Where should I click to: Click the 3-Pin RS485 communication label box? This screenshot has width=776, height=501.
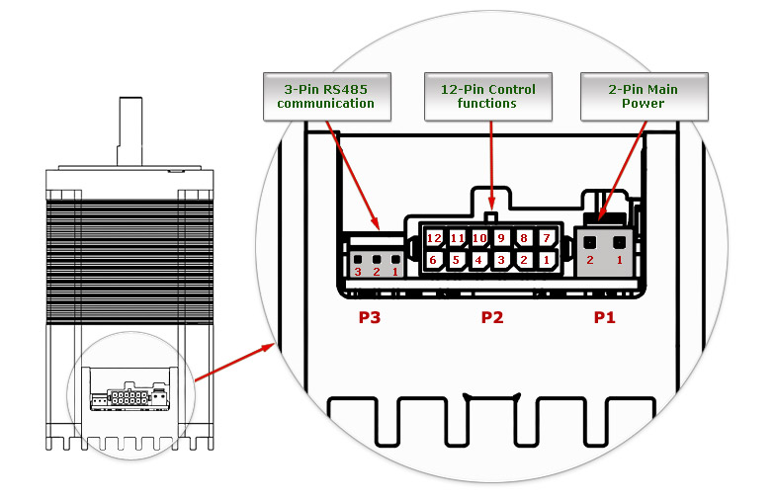click(326, 97)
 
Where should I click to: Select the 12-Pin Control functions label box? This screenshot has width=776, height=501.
click(488, 97)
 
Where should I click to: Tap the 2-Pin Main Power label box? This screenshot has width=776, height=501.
click(644, 97)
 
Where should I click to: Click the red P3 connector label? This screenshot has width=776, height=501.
click(369, 317)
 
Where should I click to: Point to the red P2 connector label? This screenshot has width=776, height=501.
click(492, 317)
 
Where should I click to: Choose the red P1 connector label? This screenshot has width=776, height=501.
click(604, 317)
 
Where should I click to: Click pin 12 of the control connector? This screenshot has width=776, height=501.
click(434, 238)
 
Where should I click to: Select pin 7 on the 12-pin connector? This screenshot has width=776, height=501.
click(547, 238)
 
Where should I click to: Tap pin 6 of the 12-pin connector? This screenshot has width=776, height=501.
click(434, 260)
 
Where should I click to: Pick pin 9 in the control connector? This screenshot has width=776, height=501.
click(501, 238)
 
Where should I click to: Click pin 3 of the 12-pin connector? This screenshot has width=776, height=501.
click(501, 260)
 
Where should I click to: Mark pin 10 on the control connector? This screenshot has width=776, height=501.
click(479, 238)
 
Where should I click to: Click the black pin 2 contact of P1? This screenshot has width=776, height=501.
click(589, 243)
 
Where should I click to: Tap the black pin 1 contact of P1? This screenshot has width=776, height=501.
click(619, 243)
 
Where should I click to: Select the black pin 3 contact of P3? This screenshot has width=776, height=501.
click(358, 259)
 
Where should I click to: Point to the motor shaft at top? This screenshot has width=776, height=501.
click(129, 131)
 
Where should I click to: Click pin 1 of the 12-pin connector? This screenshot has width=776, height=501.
click(547, 260)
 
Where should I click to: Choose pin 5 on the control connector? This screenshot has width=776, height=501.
click(457, 260)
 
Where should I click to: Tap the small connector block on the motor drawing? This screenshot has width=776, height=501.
click(129, 395)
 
